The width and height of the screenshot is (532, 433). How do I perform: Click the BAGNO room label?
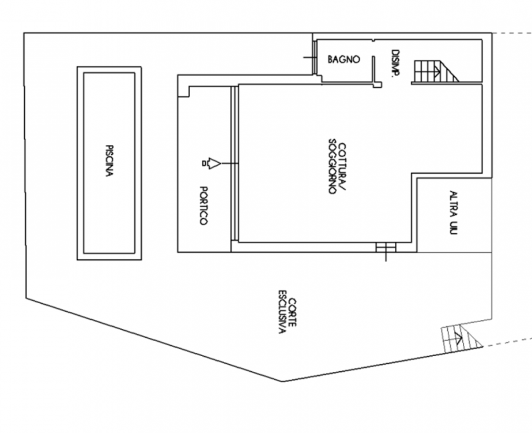(344, 59)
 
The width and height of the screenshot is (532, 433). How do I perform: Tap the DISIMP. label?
(395, 64)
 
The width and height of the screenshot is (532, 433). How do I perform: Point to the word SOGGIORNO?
(333, 166)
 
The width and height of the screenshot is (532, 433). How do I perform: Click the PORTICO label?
(203, 206)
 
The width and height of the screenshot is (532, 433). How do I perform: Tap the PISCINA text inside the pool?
(109, 160)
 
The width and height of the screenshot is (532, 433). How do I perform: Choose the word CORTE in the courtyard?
(292, 312)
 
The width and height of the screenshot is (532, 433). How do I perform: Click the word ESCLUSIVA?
(282, 312)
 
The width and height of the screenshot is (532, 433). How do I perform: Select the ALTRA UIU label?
(453, 212)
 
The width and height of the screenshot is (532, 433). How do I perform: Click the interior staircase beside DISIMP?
(435, 72)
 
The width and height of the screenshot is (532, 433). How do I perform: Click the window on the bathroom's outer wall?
(315, 57)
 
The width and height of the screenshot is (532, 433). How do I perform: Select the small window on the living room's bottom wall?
(386, 247)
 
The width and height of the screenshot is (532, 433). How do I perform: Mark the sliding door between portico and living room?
(235, 163)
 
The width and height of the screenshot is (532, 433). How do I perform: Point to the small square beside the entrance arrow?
(204, 163)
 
